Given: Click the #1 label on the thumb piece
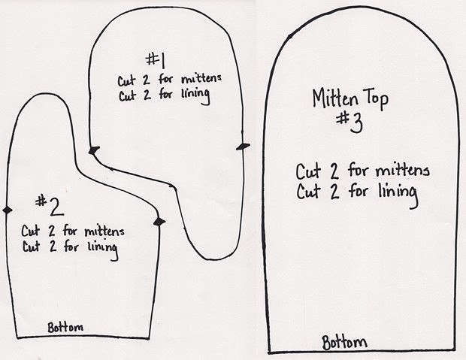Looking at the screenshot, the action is [x=156, y=59].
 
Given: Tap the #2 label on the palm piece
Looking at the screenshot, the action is [x=50, y=205].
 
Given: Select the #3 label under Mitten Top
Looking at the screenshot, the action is [x=349, y=123].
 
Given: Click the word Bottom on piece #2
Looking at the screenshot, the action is [x=65, y=327].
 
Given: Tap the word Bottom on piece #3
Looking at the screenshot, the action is [x=345, y=342].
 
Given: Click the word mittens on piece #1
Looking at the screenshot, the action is [x=201, y=79].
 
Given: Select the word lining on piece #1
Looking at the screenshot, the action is [x=195, y=95].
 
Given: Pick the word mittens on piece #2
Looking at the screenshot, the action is [x=104, y=231].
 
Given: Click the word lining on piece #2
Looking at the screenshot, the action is [x=103, y=250].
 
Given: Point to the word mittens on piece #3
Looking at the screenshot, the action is [x=403, y=171].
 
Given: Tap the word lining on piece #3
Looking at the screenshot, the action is [x=398, y=195].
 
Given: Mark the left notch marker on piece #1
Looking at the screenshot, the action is [x=94, y=150].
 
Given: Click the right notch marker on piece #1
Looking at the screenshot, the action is [x=244, y=147].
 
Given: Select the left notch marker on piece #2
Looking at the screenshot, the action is [x=8, y=210].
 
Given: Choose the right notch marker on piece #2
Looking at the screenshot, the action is [x=159, y=222].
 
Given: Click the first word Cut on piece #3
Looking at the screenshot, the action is [x=308, y=171].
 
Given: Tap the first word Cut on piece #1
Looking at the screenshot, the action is [x=127, y=81].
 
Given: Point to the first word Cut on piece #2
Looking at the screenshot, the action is [x=30, y=231].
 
